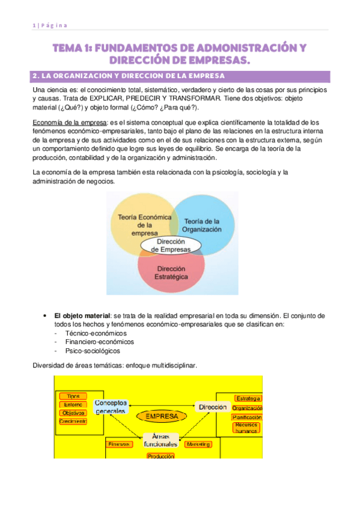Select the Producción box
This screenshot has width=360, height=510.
[x=160, y=456]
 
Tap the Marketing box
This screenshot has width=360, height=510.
[x=198, y=444]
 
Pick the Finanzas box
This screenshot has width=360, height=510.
[x=118, y=444]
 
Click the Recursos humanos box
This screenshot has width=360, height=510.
[x=246, y=428]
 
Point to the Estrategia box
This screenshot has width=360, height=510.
[x=248, y=398]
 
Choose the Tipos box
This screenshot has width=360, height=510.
[x=73, y=396]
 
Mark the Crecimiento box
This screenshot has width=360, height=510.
[x=73, y=422]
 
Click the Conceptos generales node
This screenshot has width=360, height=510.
[x=110, y=407]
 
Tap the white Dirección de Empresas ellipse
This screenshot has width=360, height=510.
[x=171, y=245]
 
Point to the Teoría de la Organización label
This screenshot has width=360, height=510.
[x=202, y=224]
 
